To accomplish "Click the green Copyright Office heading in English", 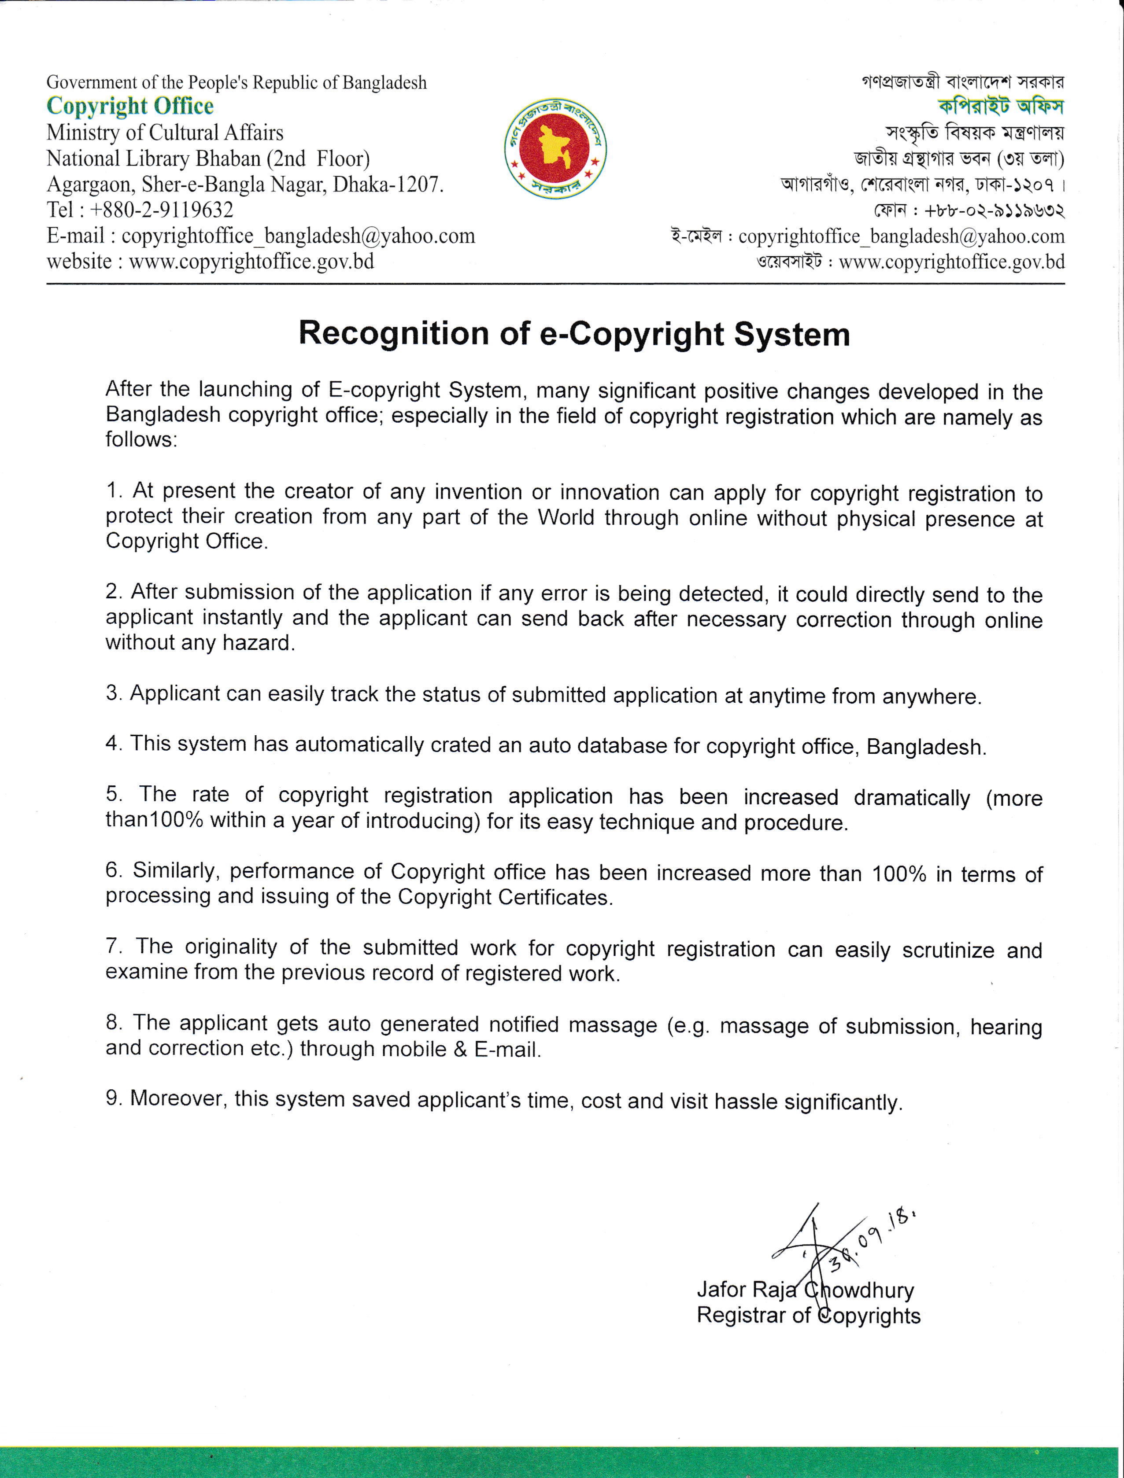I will click(130, 107).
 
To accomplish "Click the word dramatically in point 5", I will click(911, 797).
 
